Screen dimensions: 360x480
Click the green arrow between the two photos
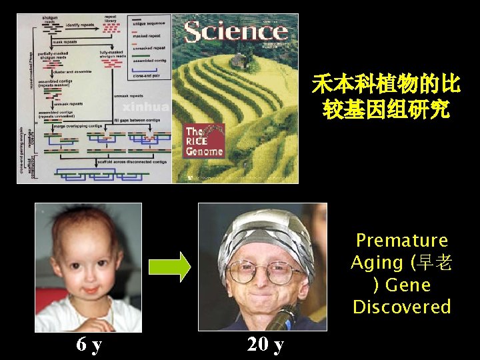(x=169, y=267)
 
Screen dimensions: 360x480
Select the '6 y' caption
(x=89, y=345)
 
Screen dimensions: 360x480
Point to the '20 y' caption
(x=265, y=345)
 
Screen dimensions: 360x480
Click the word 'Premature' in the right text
(x=401, y=240)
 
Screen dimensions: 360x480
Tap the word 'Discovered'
(x=401, y=307)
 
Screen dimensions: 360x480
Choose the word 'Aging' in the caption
(x=377, y=263)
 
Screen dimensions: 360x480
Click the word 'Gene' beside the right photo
(x=408, y=285)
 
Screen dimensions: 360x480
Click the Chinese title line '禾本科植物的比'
(x=386, y=85)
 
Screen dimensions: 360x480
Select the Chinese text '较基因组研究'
(x=386, y=109)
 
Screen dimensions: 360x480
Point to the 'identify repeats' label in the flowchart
(x=79, y=25)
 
